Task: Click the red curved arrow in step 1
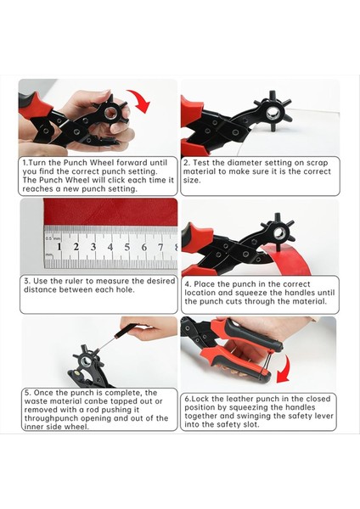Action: coord(143,99)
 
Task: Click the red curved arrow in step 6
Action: coord(285,369)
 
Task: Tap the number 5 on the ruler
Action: coord(127,248)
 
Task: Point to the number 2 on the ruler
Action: coord(76,247)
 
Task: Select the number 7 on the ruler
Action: coord(160,248)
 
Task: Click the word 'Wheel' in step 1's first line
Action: coord(102,163)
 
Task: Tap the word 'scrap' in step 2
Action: coord(317,163)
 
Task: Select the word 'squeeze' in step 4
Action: coord(250,293)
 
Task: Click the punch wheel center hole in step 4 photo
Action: coord(279,233)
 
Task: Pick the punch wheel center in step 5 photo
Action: coord(87,361)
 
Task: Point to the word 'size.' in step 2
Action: coord(192,180)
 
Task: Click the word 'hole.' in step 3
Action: coord(126,289)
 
